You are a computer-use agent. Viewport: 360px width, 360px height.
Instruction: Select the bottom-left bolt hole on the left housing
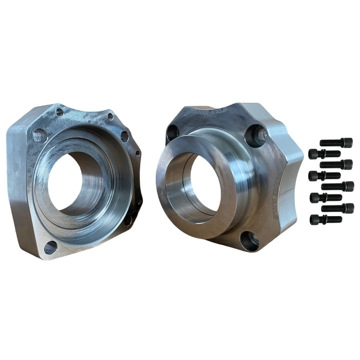click(50, 247)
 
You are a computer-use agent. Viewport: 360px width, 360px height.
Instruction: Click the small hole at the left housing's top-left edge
click(59, 112)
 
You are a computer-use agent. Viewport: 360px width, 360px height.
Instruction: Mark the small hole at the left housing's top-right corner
click(110, 116)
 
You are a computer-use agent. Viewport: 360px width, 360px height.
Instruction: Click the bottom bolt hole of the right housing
click(248, 240)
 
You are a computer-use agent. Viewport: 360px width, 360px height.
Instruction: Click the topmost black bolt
click(336, 142)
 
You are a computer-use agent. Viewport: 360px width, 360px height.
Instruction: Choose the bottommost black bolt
click(325, 219)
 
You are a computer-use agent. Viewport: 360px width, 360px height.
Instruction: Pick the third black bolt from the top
click(336, 164)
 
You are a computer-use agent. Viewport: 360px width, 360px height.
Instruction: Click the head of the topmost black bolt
click(348, 142)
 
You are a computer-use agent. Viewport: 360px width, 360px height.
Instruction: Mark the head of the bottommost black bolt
click(314, 219)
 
